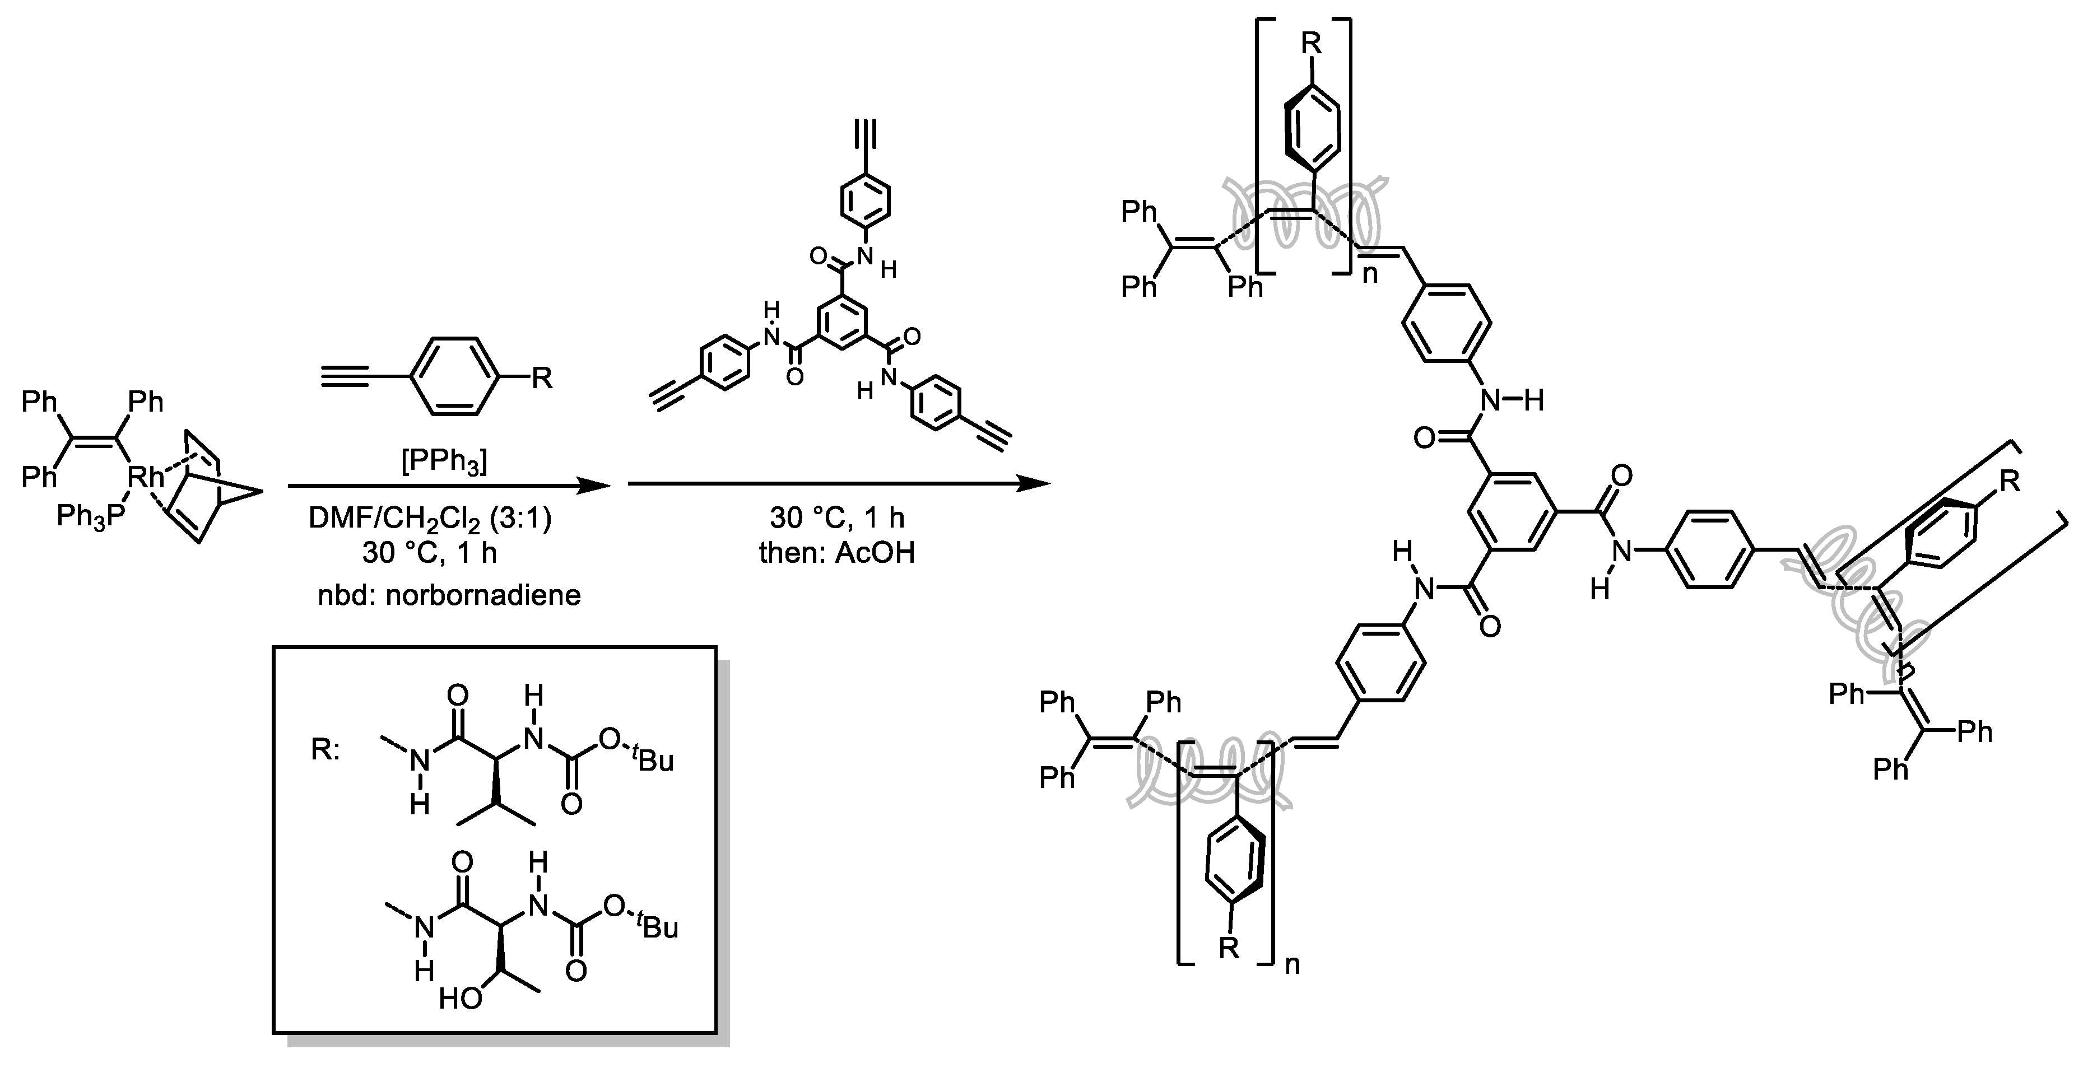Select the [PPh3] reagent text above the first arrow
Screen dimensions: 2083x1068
coord(444,461)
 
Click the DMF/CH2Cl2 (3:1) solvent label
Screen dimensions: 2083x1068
coord(430,518)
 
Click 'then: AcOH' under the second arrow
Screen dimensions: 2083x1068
coord(837,553)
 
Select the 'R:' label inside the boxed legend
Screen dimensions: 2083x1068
coord(325,750)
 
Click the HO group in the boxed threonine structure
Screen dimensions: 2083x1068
coord(461,999)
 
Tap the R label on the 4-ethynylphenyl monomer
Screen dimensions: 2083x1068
coord(541,377)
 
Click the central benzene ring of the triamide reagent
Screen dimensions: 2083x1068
coord(843,323)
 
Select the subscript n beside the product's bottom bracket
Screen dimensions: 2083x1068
coord(1292,964)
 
